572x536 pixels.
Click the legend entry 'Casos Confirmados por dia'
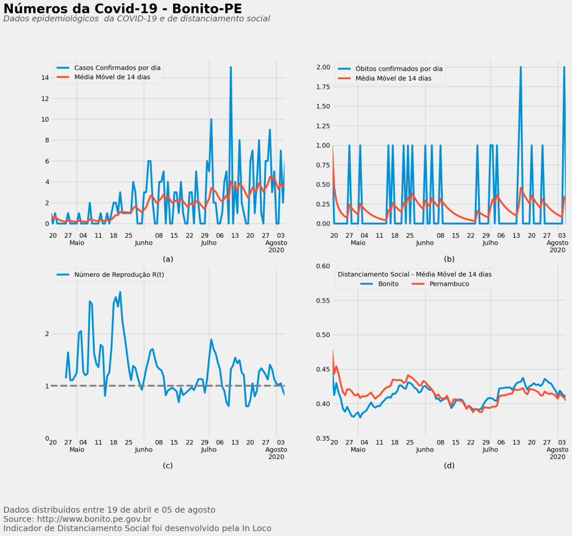click(x=117, y=68)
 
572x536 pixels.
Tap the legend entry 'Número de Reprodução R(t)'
click(x=120, y=274)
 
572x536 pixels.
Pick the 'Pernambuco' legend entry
click(x=449, y=284)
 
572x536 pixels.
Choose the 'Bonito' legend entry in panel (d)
click(x=388, y=284)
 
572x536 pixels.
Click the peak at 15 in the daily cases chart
click(x=231, y=68)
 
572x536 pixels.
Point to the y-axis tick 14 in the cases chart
click(x=44, y=78)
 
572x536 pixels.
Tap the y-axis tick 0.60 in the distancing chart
click(x=323, y=266)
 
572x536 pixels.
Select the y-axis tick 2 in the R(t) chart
click(x=47, y=334)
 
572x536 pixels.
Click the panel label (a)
click(x=168, y=259)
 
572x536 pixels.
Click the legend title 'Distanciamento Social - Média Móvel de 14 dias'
click(x=414, y=274)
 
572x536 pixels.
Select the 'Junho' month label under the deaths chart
click(x=425, y=243)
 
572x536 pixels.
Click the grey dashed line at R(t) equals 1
click(x=168, y=385)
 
